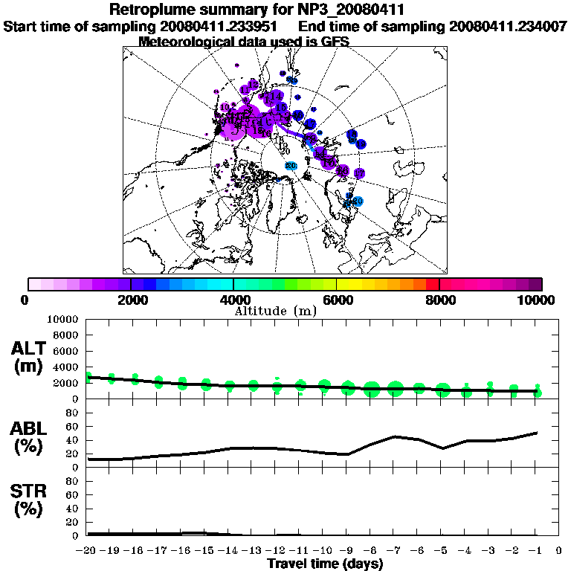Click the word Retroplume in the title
tap(152, 10)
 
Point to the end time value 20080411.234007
tap(508, 26)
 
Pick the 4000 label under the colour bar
tap(233, 300)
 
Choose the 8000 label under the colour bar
tap(439, 300)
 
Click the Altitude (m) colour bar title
tap(276, 311)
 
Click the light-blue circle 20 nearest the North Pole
tap(291, 165)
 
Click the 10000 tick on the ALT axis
tap(62, 319)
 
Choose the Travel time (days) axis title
tap(324, 564)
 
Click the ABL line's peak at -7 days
tap(396, 436)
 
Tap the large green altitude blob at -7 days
tap(396, 388)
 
